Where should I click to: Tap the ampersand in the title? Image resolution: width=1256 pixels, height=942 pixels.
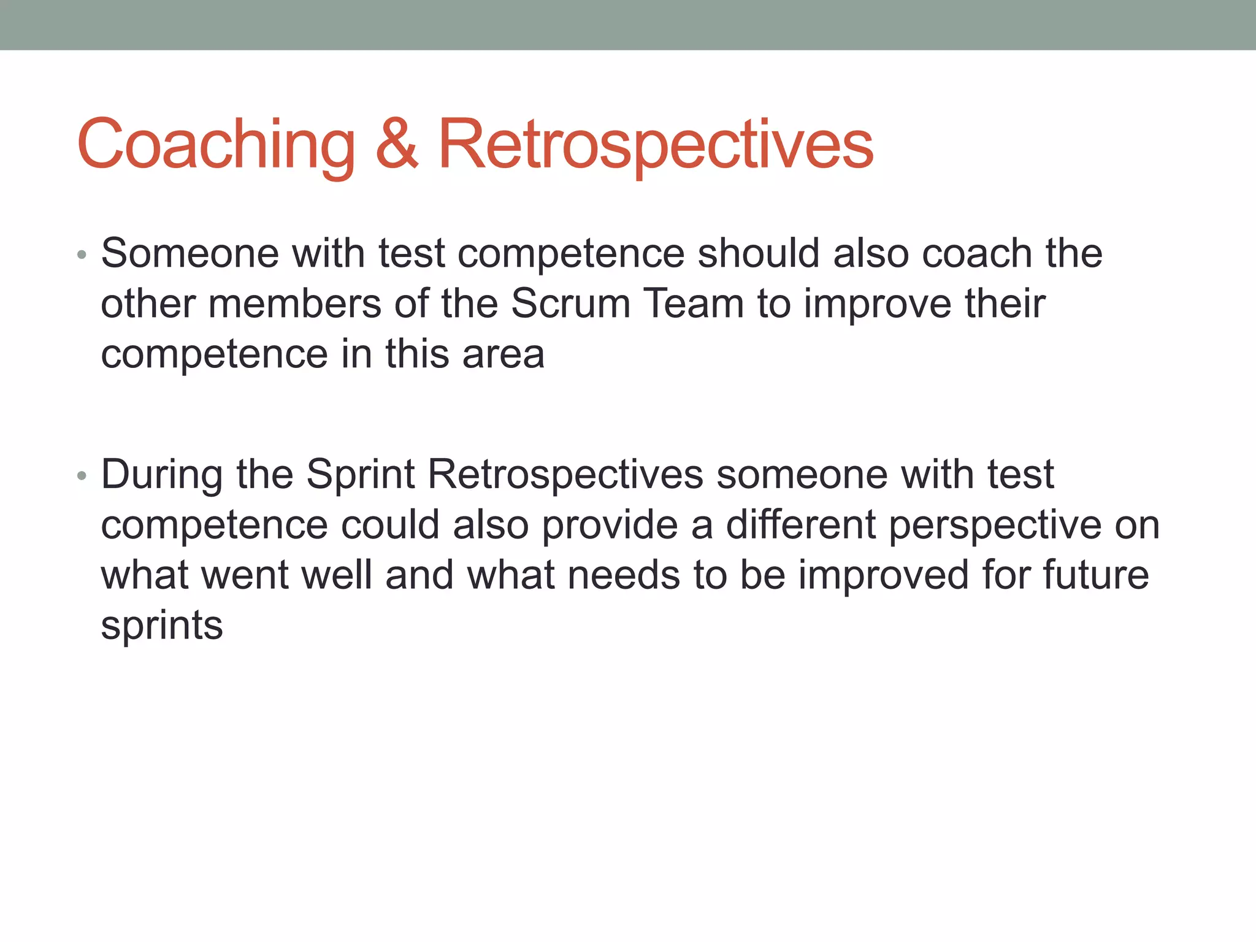pos(397,145)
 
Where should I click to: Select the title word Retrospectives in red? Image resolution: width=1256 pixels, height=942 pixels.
pos(656,145)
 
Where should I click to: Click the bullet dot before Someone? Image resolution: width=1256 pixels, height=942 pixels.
pos(82,255)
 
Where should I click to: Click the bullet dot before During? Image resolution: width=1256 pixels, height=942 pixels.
pos(82,476)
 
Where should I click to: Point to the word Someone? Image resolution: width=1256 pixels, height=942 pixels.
pos(190,253)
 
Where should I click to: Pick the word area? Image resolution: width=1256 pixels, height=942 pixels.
pos(503,354)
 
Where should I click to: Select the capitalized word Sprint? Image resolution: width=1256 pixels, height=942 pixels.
pos(361,475)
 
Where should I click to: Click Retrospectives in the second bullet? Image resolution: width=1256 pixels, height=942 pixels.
pos(565,475)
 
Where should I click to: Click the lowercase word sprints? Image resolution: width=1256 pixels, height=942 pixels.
pos(162,627)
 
